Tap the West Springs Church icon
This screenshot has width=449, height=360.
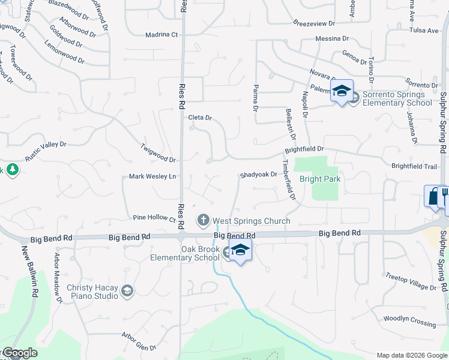point(203,220)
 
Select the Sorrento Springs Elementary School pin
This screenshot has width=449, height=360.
point(342,91)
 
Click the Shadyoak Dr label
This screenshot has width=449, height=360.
point(258,175)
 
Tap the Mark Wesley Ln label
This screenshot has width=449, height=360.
point(152,176)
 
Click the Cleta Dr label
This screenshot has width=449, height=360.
point(200,118)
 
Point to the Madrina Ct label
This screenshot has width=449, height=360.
point(162,35)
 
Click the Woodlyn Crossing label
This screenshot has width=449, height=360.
point(409,319)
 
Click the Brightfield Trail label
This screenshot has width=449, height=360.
point(415,166)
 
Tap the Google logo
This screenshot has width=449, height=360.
point(19,353)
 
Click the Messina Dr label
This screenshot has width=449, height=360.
point(333,38)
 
